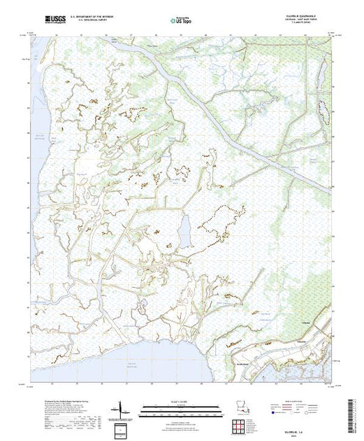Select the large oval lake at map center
click(x=184, y=230)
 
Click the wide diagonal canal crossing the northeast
click(x=210, y=105)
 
